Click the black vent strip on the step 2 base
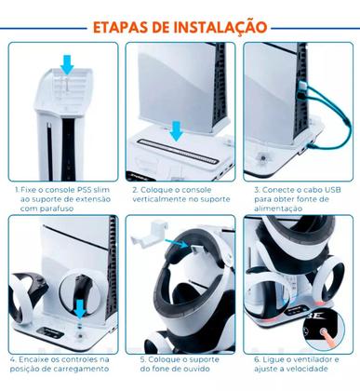click(180, 144)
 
